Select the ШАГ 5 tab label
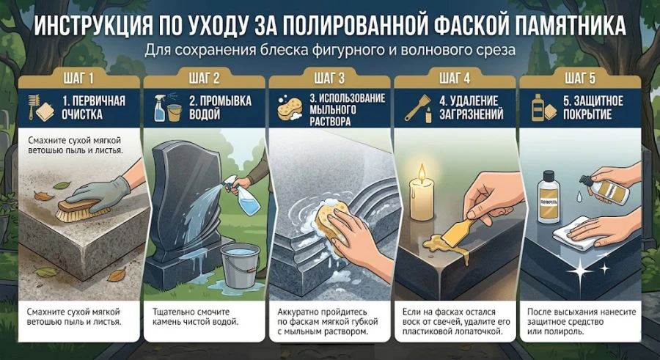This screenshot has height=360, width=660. pyautogui.click(x=580, y=78)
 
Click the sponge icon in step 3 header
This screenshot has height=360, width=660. pyautogui.click(x=289, y=108)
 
